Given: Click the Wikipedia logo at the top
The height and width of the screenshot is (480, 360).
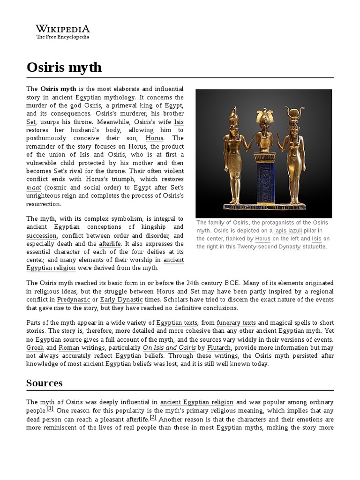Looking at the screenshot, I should coord(63,32).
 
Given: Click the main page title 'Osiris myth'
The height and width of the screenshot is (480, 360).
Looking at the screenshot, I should coord(64,67).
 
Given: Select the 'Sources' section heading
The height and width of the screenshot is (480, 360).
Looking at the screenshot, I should coord(45,382).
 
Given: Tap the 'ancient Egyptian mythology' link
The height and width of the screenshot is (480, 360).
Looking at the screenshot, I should coord(93,97).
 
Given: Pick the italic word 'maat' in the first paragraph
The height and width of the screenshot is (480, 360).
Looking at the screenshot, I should coord(34,187).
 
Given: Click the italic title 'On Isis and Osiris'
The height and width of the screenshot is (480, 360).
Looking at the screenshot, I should coord(168,347).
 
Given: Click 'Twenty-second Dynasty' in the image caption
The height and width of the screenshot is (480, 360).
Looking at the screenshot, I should coord(269,247).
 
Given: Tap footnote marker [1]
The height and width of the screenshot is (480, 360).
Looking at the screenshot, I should coord(50,409).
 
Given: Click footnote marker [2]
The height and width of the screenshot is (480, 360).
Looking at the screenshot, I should coord(153,418).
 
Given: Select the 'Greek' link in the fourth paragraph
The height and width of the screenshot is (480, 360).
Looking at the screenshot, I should coord(35,347).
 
